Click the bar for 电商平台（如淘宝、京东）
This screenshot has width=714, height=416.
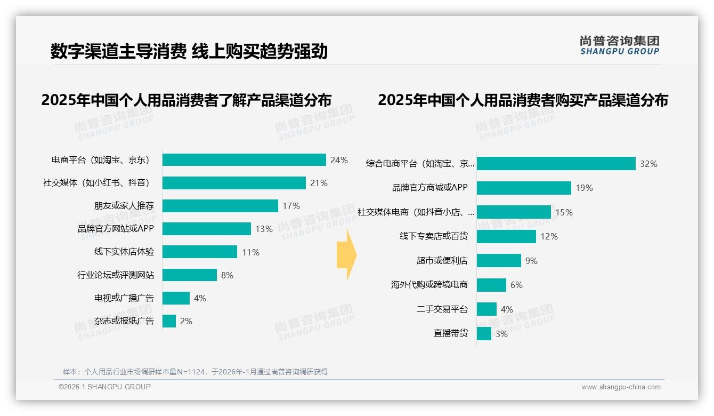[x=244, y=160]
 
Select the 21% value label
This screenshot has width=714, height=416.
[x=319, y=183]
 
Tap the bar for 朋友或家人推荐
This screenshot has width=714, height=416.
[x=220, y=206]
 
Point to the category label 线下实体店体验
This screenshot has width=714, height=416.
[x=124, y=252]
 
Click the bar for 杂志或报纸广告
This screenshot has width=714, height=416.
[x=169, y=321]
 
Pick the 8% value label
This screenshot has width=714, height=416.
[x=227, y=275]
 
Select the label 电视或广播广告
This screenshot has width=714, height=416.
[x=124, y=298]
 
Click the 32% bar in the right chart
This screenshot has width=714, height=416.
[x=556, y=163]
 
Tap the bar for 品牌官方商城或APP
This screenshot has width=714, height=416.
[x=524, y=188]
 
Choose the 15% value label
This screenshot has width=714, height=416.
[x=564, y=212]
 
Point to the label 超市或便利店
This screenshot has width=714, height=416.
[x=442, y=261]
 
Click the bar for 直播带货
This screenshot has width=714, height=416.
[x=484, y=334]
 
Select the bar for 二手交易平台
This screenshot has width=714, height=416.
[x=486, y=309]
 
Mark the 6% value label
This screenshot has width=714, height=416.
[x=516, y=285]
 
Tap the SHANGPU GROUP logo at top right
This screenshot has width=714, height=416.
[x=619, y=45]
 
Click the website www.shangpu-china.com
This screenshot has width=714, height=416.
[x=621, y=387]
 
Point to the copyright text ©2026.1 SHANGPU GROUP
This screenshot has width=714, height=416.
[x=104, y=387]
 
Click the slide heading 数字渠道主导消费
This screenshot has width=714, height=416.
[x=118, y=51]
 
